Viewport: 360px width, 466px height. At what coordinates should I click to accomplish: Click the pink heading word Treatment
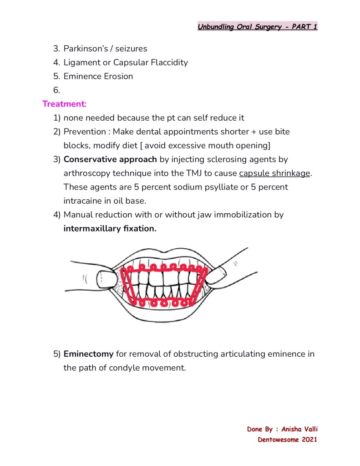click(x=63, y=104)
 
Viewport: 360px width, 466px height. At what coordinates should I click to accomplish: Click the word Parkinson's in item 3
click(x=85, y=48)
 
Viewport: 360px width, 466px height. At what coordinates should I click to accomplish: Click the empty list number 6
click(x=56, y=90)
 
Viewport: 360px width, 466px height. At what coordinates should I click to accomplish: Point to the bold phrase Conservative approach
click(x=110, y=159)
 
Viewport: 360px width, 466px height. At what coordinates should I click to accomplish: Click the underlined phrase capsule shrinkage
click(x=274, y=173)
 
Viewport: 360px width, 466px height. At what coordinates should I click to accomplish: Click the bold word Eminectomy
click(x=88, y=354)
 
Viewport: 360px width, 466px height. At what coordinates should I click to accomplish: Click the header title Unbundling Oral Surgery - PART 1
click(x=257, y=26)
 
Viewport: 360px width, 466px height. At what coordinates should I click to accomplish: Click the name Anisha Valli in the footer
click(x=299, y=429)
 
